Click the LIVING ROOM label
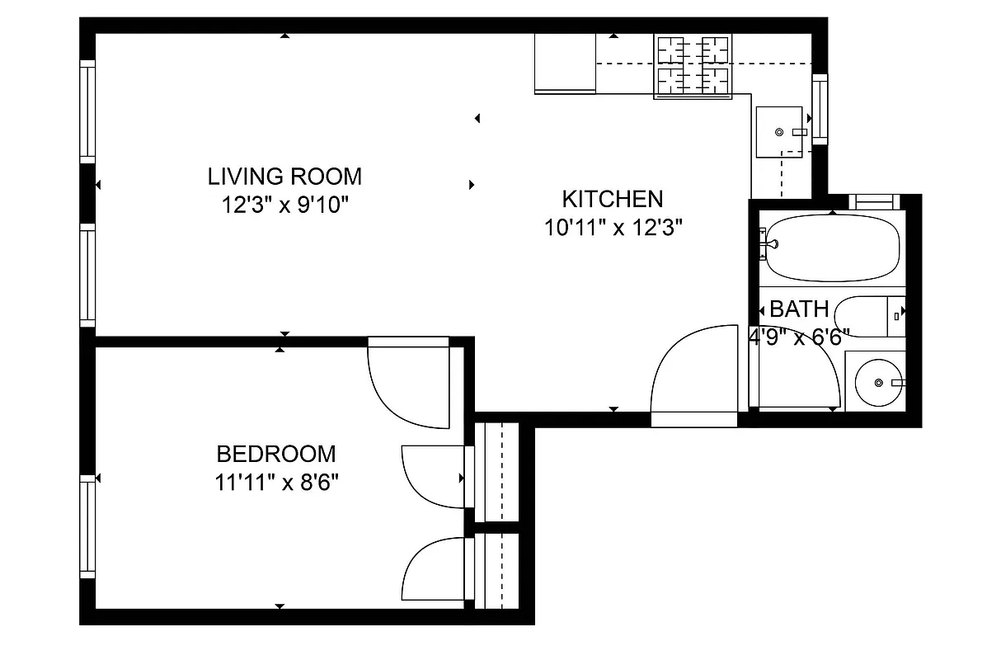[284, 177]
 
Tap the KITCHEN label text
[612, 199]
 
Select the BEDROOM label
[276, 454]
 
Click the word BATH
[799, 309]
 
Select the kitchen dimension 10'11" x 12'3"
[614, 228]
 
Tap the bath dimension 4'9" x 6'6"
[798, 336]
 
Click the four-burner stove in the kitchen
[693, 67]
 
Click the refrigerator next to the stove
[565, 63]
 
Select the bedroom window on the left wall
[87, 528]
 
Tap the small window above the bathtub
[875, 200]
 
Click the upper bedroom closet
[497, 472]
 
